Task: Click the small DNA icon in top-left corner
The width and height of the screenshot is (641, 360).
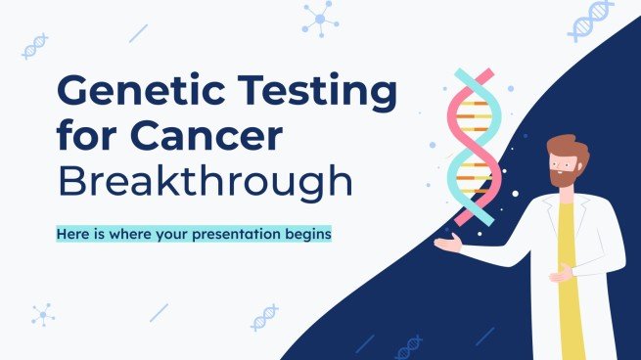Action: pos(35,45)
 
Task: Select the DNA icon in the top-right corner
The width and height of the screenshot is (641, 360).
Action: pos(591,20)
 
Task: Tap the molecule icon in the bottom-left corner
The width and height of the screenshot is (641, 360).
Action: pos(42,315)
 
